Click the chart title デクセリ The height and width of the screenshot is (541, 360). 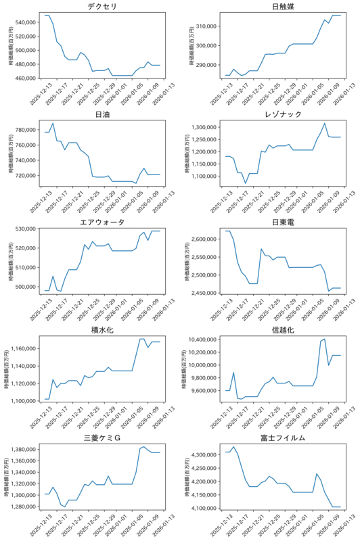pos(102,6)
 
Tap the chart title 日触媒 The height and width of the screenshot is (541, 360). pos(283,6)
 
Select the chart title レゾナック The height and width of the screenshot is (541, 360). pos(283,114)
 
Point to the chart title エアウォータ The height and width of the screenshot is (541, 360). pos(102,222)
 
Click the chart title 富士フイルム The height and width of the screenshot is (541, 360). pos(283,438)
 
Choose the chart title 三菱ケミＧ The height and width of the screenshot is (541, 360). pos(102,438)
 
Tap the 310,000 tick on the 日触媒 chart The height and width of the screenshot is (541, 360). pos(206,26)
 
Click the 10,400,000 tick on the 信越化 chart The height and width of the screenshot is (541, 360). pos(202,339)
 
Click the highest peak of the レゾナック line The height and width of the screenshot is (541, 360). pos(324,123)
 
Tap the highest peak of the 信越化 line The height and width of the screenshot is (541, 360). pos(324,339)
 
